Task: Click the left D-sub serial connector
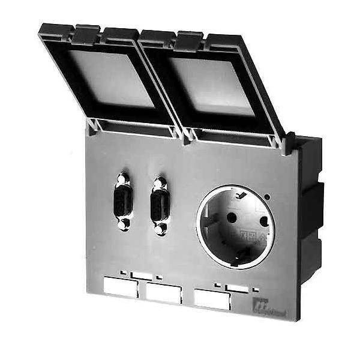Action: [x=122, y=202]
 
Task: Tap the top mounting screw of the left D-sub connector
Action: [x=122, y=179]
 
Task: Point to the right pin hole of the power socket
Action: [x=263, y=221]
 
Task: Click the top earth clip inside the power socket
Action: [x=244, y=196]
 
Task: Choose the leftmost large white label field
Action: [x=121, y=287]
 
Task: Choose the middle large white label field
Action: [x=163, y=292]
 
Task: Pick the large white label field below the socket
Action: [x=212, y=299]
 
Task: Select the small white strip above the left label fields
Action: [x=141, y=275]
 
